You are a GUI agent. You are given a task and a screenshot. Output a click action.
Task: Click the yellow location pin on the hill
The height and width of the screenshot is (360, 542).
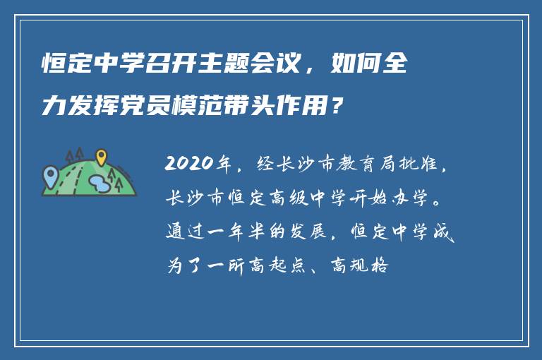tap(101, 156)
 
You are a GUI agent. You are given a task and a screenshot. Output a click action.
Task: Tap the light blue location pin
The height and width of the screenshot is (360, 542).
tap(49, 173)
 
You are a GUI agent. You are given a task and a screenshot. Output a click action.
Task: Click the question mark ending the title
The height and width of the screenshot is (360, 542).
tap(339, 107)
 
